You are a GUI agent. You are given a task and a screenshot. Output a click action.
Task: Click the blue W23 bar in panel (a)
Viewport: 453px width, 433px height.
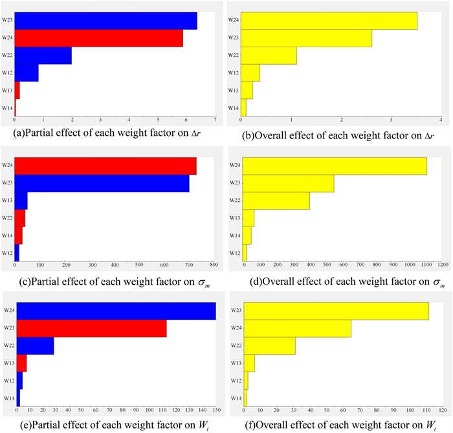(x=105, y=21)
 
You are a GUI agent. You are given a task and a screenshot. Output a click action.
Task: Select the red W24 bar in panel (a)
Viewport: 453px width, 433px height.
(x=98, y=38)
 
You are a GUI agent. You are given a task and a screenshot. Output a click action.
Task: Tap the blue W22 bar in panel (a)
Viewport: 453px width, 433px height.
(x=43, y=56)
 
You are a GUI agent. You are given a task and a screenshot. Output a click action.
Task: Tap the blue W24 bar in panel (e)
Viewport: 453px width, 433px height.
(x=115, y=311)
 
